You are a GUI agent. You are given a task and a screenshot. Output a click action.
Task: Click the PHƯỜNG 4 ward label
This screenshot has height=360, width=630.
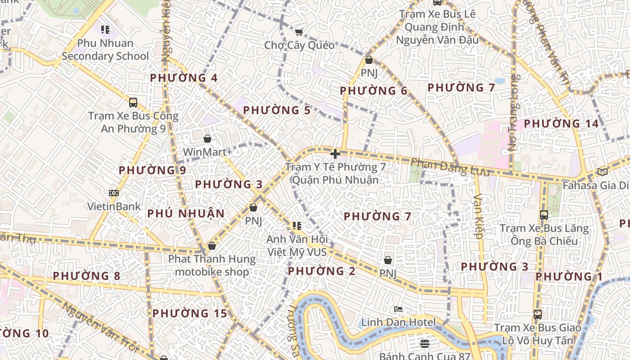click(184, 78)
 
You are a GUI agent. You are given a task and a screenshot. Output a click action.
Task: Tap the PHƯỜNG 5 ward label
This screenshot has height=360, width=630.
click(277, 110)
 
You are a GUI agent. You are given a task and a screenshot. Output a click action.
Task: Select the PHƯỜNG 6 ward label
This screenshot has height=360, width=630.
click(373, 91)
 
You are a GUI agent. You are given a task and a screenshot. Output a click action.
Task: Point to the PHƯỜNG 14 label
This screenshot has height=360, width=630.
click(561, 124)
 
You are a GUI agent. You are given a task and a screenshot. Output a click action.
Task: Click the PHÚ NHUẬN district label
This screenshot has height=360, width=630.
click(186, 213)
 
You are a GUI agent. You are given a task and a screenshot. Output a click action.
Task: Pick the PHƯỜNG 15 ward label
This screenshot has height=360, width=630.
click(189, 313)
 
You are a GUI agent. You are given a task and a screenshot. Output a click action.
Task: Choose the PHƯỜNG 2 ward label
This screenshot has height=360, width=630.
click(322, 271)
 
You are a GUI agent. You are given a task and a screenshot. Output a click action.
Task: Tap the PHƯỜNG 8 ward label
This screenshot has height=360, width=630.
click(87, 276)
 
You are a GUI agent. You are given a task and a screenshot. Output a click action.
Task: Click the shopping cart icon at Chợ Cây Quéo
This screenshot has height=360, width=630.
click(299, 31)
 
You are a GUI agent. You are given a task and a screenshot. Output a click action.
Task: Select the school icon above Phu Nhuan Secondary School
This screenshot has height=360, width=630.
click(105, 30)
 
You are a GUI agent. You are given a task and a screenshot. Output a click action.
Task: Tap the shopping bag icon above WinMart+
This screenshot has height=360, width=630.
click(207, 139)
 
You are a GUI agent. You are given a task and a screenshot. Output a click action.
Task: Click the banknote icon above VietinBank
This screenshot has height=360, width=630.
click(114, 193)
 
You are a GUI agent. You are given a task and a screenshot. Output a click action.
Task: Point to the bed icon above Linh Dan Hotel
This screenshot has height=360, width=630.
click(398, 309)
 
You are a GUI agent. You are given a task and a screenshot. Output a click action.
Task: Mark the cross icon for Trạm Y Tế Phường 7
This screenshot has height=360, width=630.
click(335, 153)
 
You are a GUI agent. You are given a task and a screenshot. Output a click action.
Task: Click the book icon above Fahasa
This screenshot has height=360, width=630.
click(603, 171)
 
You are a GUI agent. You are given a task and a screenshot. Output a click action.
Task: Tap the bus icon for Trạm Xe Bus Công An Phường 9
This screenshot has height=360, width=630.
click(133, 102)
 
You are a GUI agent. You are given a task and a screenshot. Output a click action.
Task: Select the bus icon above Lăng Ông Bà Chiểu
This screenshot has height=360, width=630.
click(544, 215)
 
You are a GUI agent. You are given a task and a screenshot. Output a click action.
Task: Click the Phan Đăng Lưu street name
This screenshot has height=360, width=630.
click(450, 167)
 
